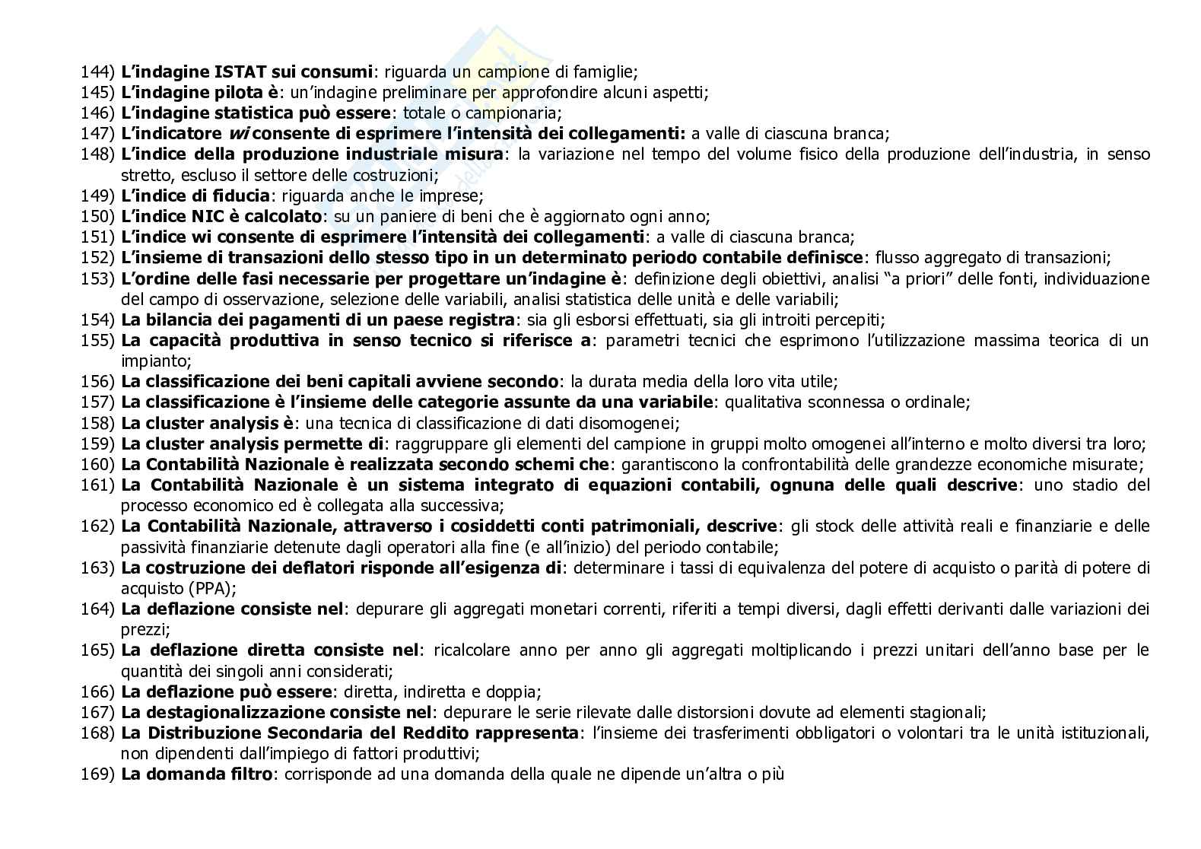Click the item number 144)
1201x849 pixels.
click(97, 72)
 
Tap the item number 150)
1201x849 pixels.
click(97, 216)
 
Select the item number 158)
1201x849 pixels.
click(97, 423)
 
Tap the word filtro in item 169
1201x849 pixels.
click(249, 775)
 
